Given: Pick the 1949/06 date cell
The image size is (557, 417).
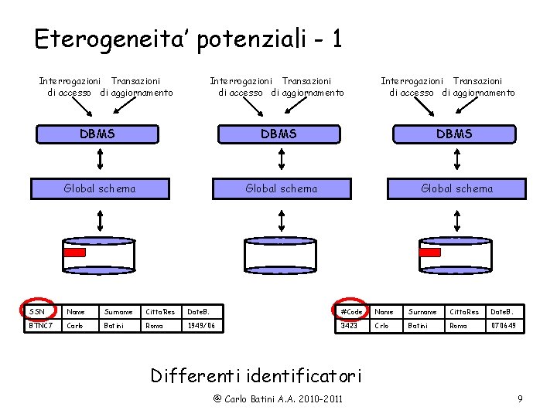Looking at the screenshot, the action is click(x=201, y=326).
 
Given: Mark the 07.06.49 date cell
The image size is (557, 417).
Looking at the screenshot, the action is click(x=504, y=326).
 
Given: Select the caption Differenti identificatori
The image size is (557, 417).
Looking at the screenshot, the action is click(x=255, y=375).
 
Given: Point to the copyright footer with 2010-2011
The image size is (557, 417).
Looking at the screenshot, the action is click(x=278, y=399).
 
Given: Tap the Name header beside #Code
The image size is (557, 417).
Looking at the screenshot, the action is click(x=384, y=311).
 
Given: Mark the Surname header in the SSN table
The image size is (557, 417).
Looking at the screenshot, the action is click(x=118, y=311).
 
